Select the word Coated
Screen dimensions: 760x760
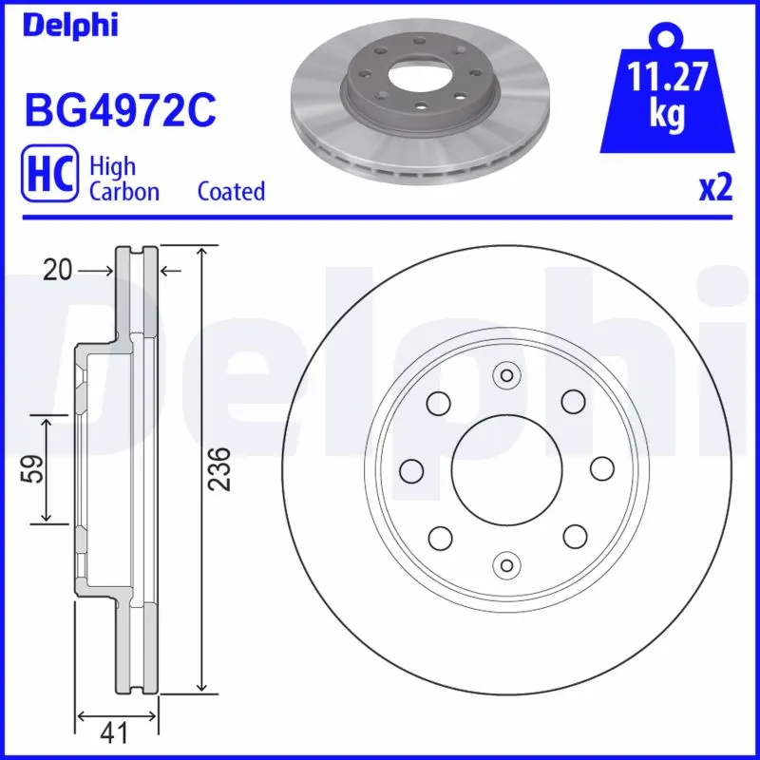point(231,191)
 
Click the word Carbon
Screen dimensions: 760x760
point(123,191)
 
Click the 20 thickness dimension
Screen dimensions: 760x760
point(58,272)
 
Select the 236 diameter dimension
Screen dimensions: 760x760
point(220,468)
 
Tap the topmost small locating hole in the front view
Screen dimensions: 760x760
point(506,375)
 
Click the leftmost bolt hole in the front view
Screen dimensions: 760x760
point(411,470)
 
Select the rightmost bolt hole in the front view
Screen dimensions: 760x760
point(601,470)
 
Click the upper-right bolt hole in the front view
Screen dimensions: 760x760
point(573,403)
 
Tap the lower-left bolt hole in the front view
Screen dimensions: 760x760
point(440,538)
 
